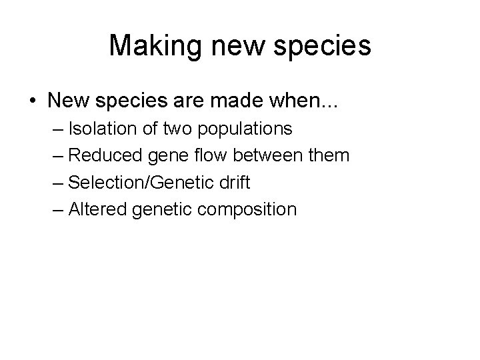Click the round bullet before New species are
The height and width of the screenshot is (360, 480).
(x=33, y=101)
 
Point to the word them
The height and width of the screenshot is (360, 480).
(x=329, y=155)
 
